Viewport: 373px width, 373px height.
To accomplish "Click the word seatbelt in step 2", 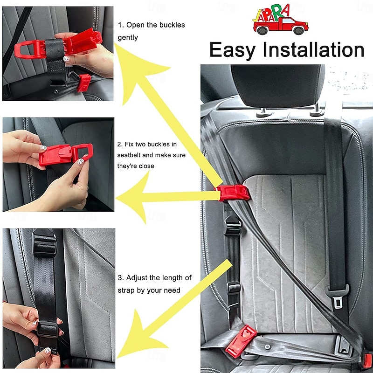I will [132, 155].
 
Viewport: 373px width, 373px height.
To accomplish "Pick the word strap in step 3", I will [126, 290].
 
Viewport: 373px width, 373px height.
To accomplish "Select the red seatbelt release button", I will [367, 360].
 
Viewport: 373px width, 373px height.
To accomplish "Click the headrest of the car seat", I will [278, 86].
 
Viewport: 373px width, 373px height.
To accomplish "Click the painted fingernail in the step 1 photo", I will [66, 59].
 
